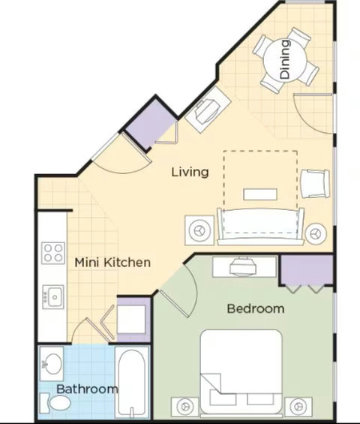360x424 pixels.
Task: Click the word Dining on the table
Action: coord(285,59)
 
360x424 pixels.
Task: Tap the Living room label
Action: coord(190,173)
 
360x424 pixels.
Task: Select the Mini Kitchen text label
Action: coord(112,263)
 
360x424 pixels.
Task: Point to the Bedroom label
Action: coord(256,308)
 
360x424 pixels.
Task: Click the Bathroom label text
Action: coord(87,389)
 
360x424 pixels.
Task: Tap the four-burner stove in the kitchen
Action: coord(53,253)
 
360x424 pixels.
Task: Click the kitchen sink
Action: coord(53,296)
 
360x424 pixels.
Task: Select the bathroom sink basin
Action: coord(52,364)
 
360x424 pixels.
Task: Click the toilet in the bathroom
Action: coord(55,403)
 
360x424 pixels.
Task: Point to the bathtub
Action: coord(132,383)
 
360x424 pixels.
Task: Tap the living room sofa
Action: coord(260,227)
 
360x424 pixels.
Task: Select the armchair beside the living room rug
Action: coord(315,184)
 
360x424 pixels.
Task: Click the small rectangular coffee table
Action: coord(260,194)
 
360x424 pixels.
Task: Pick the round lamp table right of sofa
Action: coord(316,233)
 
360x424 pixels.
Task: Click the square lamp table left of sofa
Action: coord(199,230)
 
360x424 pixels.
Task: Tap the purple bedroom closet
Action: coord(307,269)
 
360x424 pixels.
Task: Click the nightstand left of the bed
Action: coord(185,407)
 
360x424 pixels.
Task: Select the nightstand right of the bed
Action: coord(298,407)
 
